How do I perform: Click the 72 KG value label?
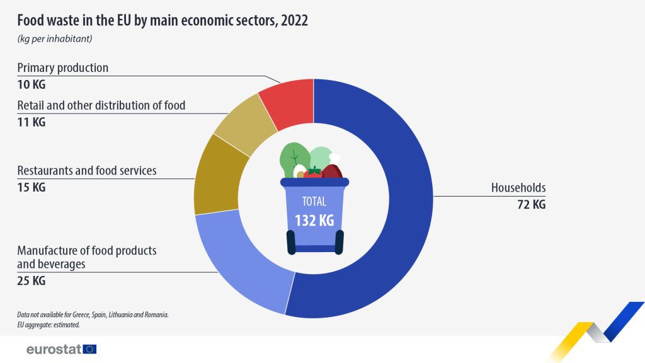tap(530, 204)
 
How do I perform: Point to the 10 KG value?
tap(31, 84)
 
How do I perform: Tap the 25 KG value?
tap(31, 281)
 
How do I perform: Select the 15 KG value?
tap(31, 187)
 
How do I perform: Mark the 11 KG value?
tap(31, 122)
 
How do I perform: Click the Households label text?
tap(518, 187)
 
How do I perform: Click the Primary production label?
tap(63, 67)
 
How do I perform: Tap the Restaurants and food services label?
tap(87, 170)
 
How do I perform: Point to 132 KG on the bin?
tap(314, 221)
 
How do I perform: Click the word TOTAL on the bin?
tap(314, 202)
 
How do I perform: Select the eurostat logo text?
tap(53, 349)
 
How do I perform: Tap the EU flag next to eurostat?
tap(89, 349)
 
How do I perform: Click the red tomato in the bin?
tap(313, 172)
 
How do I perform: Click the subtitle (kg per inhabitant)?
tap(55, 39)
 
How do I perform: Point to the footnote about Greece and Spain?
tap(93, 314)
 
